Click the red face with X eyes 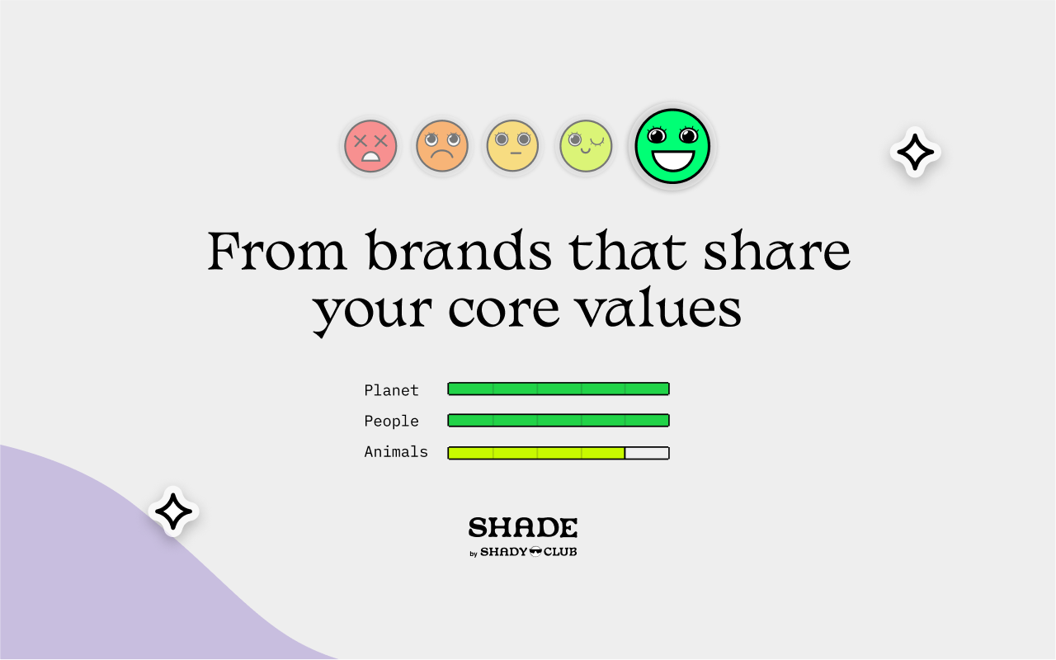370,147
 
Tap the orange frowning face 441,147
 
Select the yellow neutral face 512,147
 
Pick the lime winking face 586,146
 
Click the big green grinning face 672,146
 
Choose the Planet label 391,390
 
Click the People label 391,421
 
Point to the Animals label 396,452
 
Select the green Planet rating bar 558,389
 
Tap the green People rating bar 558,420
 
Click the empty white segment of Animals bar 647,453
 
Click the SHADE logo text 523,528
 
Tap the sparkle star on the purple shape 173,511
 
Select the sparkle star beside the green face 915,153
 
